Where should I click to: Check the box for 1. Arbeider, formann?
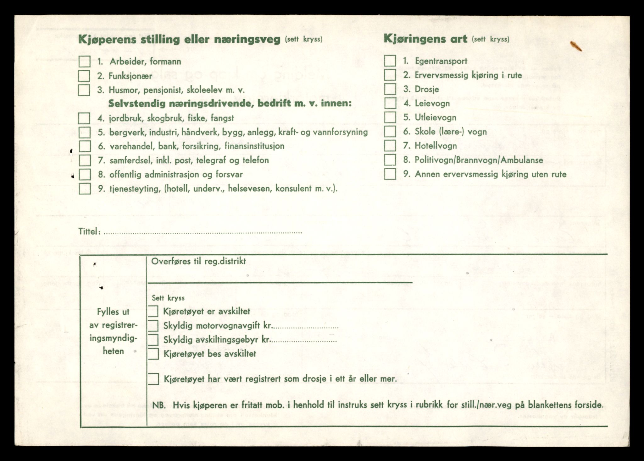(84, 62)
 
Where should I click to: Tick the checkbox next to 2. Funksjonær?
(84, 76)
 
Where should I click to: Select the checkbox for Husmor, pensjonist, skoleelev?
(84, 90)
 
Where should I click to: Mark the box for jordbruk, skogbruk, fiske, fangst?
(84, 118)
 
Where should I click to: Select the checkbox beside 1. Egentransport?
(390, 61)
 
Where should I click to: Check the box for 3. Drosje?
(390, 89)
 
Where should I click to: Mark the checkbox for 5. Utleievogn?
(390, 117)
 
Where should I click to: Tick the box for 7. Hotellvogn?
(390, 146)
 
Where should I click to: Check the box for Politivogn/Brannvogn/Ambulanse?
(390, 160)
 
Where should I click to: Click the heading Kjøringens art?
(425, 39)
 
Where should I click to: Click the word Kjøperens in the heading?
(107, 40)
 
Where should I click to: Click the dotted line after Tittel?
(203, 233)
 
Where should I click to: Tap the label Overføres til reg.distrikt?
(198, 261)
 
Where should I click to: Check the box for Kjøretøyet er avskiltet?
(153, 312)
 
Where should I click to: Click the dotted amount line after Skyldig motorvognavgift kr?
(305, 327)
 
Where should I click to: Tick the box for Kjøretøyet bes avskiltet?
(153, 354)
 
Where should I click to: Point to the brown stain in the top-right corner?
(576, 46)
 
